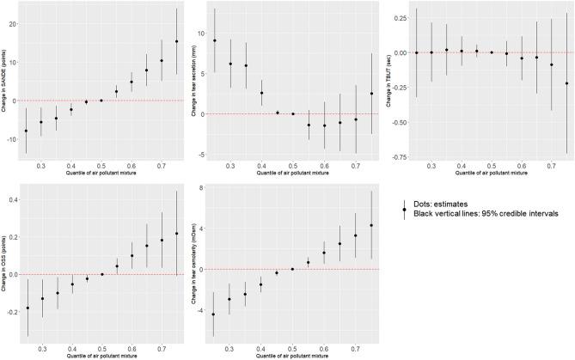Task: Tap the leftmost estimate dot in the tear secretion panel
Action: [x=215, y=40]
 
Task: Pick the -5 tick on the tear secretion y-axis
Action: [x=203, y=154]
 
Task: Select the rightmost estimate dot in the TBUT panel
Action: [x=566, y=83]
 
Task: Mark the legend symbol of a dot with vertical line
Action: [x=405, y=208]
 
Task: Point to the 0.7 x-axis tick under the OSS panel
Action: [x=162, y=350]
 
